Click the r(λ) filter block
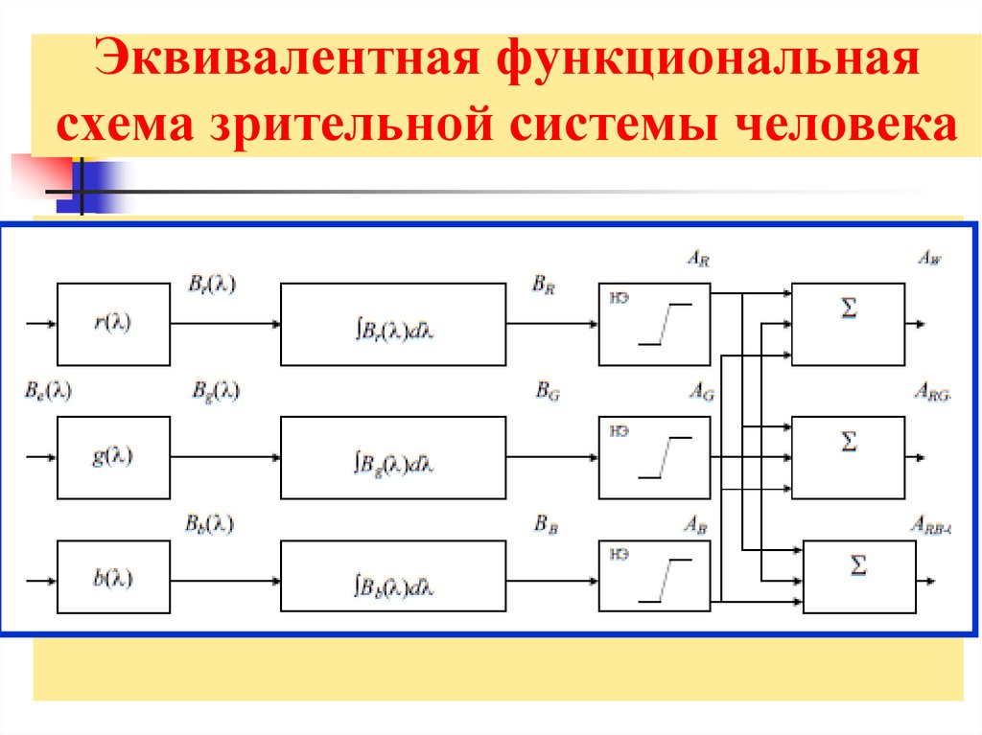click(x=114, y=324)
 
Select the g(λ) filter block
click(x=114, y=457)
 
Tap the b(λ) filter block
click(x=114, y=577)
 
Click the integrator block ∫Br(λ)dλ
click(x=393, y=324)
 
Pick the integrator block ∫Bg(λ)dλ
click(x=393, y=457)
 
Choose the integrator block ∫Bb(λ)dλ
click(x=393, y=577)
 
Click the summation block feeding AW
click(x=848, y=324)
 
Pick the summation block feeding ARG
click(x=848, y=457)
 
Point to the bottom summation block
click(x=858, y=577)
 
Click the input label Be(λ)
click(x=48, y=391)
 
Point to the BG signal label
click(x=547, y=391)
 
